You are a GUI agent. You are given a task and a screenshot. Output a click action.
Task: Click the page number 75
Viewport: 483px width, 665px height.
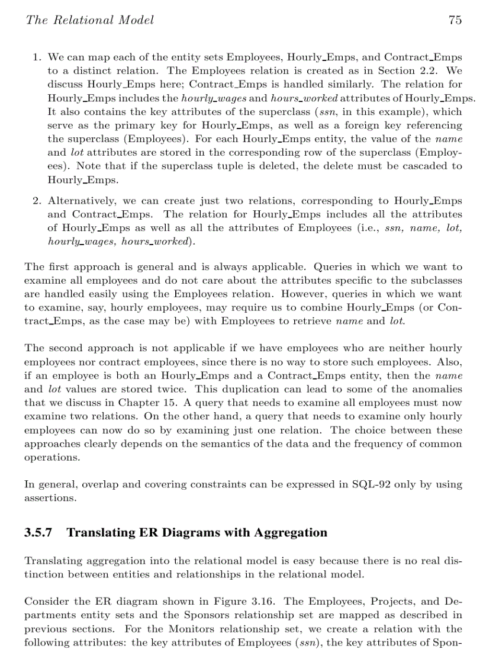point(455,20)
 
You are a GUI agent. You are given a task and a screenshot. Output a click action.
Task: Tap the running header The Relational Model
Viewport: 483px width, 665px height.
point(89,20)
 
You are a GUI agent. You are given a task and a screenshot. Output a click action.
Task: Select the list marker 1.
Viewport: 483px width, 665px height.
point(37,57)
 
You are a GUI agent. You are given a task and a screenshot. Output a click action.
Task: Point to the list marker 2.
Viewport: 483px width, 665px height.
point(37,201)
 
